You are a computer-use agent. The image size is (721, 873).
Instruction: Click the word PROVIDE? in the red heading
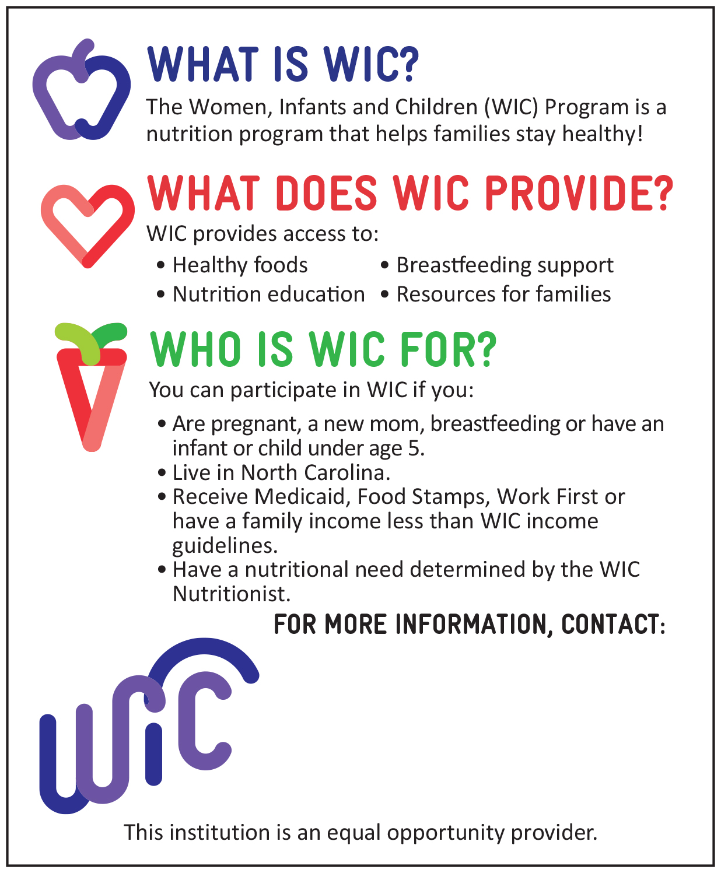pos(579,194)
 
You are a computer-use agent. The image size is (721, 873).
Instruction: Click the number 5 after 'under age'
pos(413,448)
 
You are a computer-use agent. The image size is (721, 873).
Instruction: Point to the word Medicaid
pos(302,497)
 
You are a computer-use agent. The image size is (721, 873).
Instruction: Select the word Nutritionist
pos(231,594)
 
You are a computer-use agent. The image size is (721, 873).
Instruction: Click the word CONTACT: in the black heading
pos(613,624)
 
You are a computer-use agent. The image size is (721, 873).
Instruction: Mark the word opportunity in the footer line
pos(446,833)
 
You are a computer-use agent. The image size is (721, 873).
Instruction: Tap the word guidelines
pos(225,546)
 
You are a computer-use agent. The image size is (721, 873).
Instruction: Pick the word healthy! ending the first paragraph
pos(602,134)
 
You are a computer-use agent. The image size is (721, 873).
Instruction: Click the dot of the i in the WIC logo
pos(154,728)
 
